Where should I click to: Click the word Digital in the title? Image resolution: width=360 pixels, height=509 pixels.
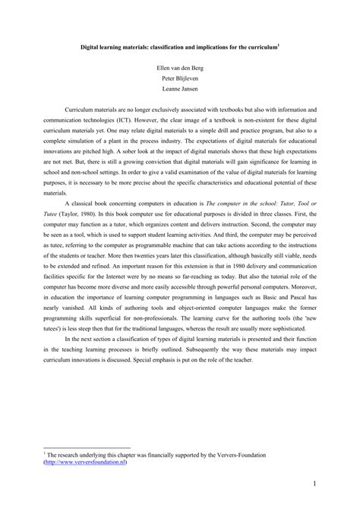[94, 44]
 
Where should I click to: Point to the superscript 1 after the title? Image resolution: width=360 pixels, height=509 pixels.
[278, 43]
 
